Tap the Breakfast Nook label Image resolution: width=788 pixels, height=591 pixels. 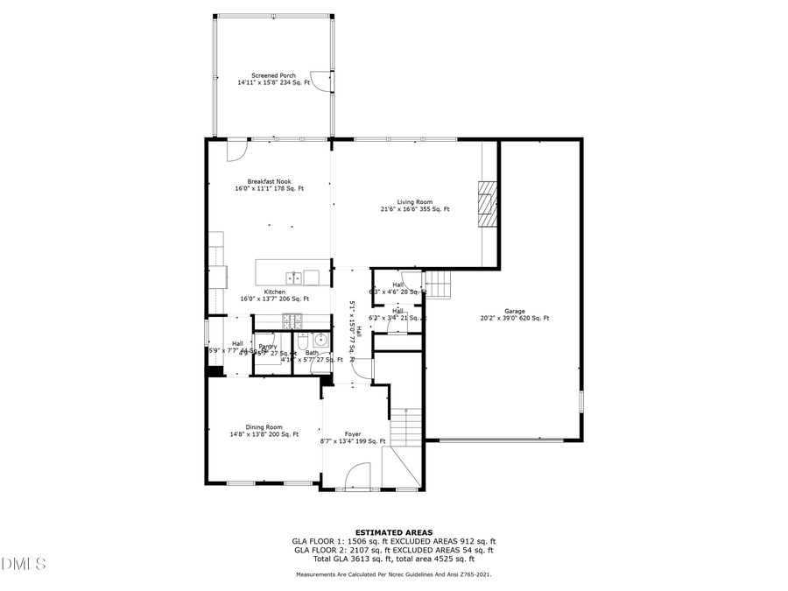coord(269,181)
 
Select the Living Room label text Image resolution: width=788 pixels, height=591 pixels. coord(415,202)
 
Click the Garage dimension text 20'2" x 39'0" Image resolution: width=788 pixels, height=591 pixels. coord(515,319)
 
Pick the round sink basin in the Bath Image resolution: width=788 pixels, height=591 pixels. coord(320,341)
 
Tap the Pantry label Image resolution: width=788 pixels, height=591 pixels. coord(268,347)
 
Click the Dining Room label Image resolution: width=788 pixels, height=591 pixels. coord(264,427)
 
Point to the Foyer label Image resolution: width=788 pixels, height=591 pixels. coord(352,434)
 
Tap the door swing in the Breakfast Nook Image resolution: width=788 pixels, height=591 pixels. coord(236,151)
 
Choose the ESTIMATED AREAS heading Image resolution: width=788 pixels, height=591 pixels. coord(393,532)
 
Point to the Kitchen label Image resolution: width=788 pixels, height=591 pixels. coord(275,292)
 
